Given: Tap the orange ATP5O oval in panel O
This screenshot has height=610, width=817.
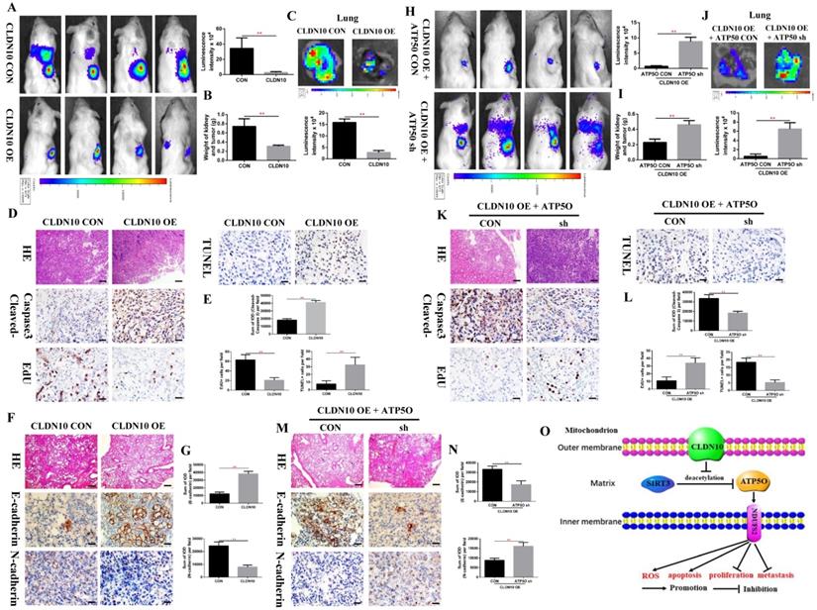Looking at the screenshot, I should click(x=724, y=484).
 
